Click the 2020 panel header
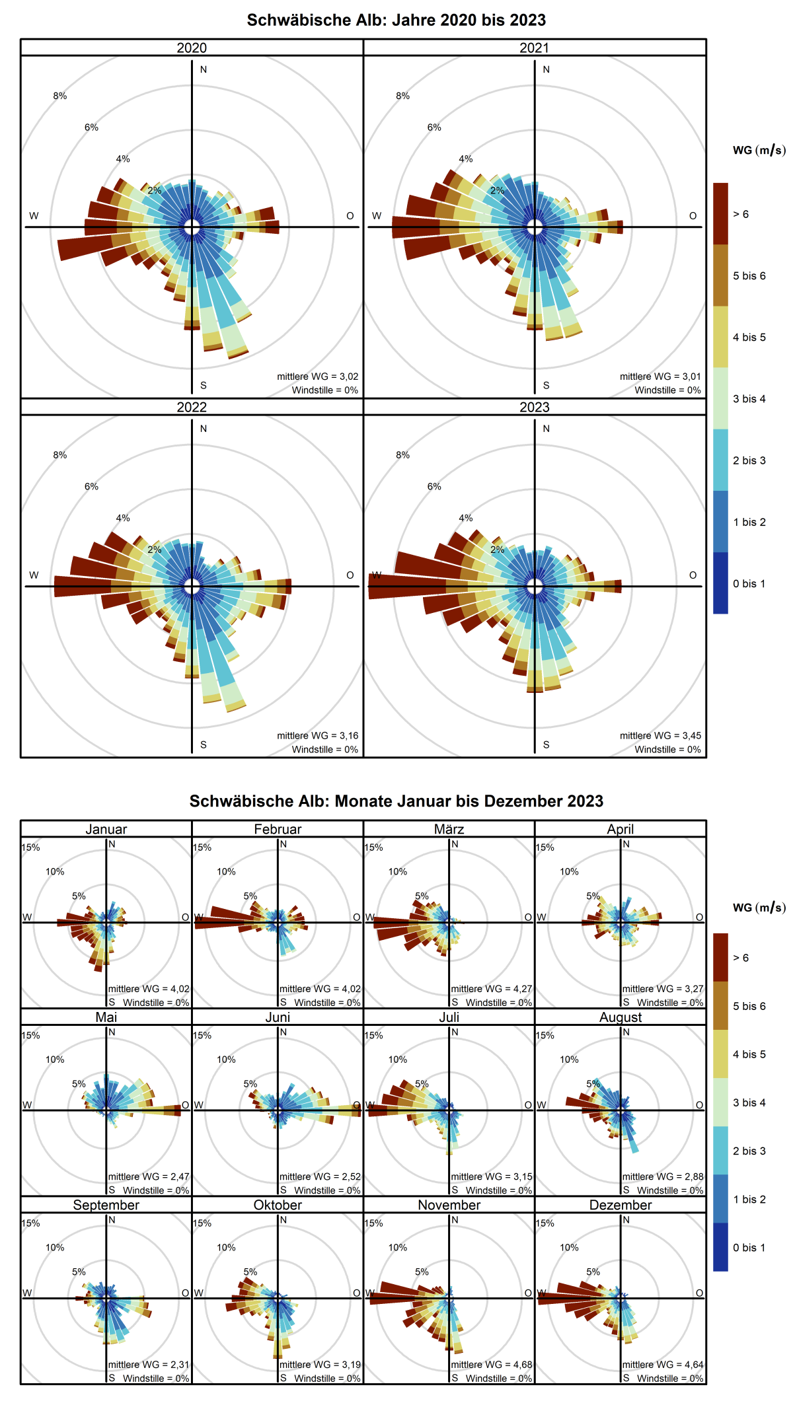point(192,48)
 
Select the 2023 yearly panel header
point(534,407)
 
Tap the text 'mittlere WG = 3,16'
point(317,735)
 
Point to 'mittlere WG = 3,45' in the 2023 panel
point(660,735)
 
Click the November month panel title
point(449,1204)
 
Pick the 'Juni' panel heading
point(278,1017)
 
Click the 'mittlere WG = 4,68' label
point(491,1364)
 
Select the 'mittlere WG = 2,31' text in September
point(149,1364)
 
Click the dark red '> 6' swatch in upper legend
point(720,214)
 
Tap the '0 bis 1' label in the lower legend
point(749,1247)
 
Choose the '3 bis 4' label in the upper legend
point(749,398)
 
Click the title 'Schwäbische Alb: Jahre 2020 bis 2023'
point(397,20)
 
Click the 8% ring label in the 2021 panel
point(402,96)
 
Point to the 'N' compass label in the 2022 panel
point(204,429)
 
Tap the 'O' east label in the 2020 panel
point(350,215)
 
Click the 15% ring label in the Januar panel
point(31,847)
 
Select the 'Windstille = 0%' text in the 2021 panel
point(667,390)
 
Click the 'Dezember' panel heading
point(620,1204)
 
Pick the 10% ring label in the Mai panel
point(55,1059)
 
